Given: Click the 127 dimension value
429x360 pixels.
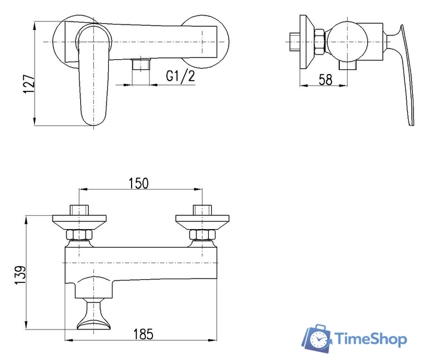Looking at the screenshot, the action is (29, 84).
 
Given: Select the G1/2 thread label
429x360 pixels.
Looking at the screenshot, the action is (180, 76).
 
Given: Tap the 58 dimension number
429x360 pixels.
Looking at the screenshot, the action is (325, 80).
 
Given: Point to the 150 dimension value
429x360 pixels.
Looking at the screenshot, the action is (139, 183).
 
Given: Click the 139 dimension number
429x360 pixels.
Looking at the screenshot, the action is (20, 275).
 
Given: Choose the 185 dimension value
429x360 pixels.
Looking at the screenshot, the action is (143, 334).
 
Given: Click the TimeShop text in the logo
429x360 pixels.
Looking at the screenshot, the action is (371, 339).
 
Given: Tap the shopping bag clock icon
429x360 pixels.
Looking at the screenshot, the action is (317, 338).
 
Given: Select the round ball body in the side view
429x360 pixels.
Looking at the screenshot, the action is (348, 42).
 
